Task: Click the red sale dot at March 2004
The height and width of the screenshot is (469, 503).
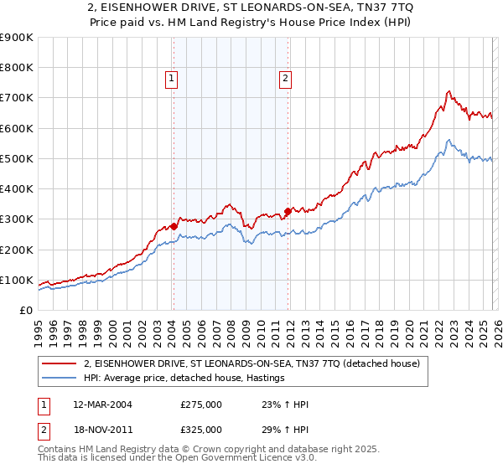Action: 174,226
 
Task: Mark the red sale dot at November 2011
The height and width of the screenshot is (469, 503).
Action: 288,211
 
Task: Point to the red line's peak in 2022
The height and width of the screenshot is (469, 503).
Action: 449,91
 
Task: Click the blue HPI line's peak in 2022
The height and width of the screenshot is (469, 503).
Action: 449,140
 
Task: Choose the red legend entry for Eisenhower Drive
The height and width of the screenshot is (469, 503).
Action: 257,363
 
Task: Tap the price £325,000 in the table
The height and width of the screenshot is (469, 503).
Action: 201,429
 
